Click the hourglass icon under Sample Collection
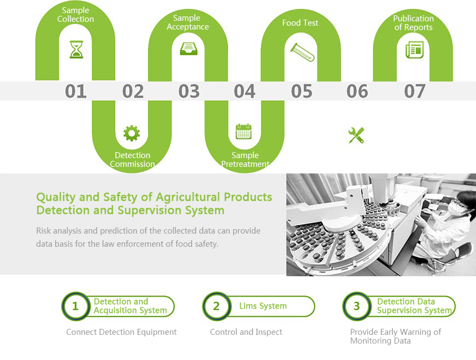(x=76, y=49)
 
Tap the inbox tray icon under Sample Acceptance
(x=189, y=49)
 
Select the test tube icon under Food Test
(x=302, y=52)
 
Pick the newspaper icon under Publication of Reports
(x=414, y=50)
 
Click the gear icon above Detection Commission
(x=132, y=133)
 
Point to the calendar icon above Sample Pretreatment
(x=244, y=131)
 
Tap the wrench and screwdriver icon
(x=356, y=135)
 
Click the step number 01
(x=76, y=91)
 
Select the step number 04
(x=245, y=91)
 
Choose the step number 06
(x=357, y=91)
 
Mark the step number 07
(x=414, y=91)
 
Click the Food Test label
(x=300, y=23)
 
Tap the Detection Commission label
(x=132, y=160)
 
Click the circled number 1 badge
(x=76, y=306)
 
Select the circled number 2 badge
(x=217, y=306)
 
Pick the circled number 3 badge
(x=357, y=306)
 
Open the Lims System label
(x=263, y=306)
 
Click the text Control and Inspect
(x=246, y=332)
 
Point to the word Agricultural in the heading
(x=188, y=198)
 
